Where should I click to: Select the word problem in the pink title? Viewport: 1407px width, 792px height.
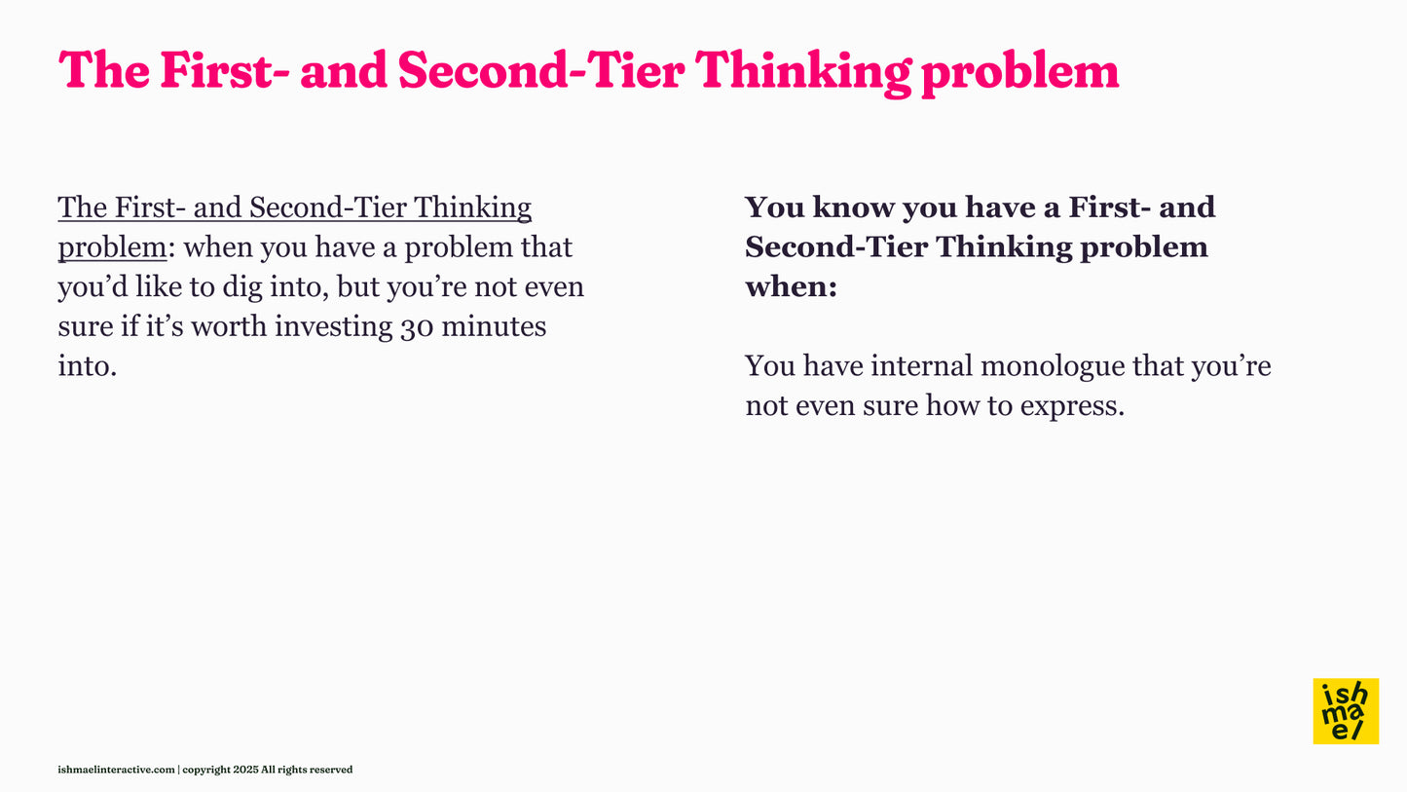click(x=1019, y=71)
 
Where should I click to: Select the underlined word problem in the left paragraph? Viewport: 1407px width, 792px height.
click(x=112, y=247)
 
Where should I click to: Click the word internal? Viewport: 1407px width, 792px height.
click(x=921, y=366)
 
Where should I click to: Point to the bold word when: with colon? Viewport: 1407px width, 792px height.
click(x=791, y=287)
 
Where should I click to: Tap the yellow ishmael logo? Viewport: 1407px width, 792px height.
click(x=1346, y=711)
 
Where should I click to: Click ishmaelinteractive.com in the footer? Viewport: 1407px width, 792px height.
click(x=116, y=770)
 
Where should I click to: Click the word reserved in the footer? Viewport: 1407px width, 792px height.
click(x=331, y=770)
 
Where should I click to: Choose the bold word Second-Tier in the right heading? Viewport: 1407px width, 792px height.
click(x=835, y=247)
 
